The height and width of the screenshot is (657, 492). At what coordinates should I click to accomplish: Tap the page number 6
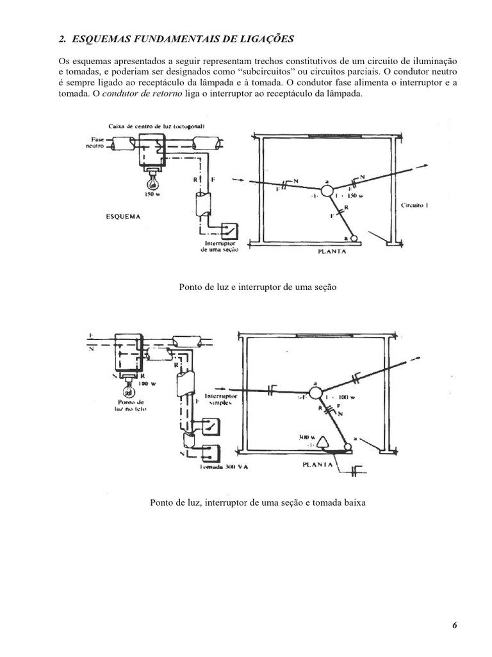(x=454, y=626)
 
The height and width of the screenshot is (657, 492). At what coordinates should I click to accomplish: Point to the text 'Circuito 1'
(x=416, y=207)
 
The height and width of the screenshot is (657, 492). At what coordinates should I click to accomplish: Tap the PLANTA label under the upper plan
(x=332, y=252)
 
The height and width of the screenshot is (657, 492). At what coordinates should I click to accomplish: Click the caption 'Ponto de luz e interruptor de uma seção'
(x=258, y=287)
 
